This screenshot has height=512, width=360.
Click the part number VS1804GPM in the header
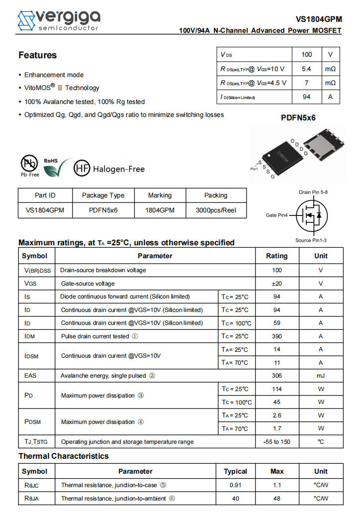pos(319,19)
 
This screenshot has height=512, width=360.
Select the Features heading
pos(38,55)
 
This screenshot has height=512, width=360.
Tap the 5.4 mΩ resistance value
pos(306,69)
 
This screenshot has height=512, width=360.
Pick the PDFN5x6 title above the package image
pos(298,118)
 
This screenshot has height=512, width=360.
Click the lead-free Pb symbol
pos(29,164)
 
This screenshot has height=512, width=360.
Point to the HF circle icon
pos(82,169)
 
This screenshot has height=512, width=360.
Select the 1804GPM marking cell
pos(160,210)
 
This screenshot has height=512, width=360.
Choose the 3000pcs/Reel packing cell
pos(216,210)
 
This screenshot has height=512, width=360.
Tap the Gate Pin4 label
pos(277,215)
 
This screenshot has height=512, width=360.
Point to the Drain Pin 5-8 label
pos(313,192)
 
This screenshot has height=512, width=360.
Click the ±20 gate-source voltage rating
pos(276,284)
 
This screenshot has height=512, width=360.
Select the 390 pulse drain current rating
pos(276,336)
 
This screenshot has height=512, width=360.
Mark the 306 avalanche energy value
pos(276,376)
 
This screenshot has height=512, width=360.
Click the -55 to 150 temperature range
pos(276,442)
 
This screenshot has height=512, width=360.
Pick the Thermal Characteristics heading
pos(64,456)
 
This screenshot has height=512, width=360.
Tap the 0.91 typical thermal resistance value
pos(235,485)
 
